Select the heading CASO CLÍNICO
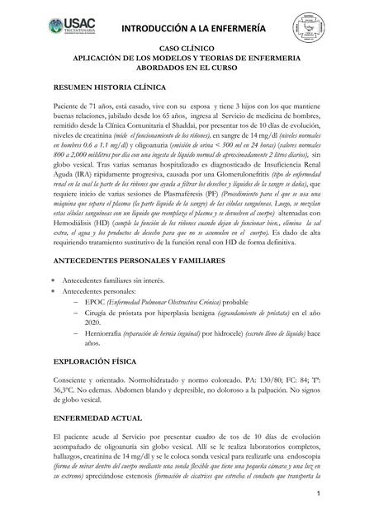point(186,51)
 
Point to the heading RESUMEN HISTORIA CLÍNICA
point(109,87)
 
